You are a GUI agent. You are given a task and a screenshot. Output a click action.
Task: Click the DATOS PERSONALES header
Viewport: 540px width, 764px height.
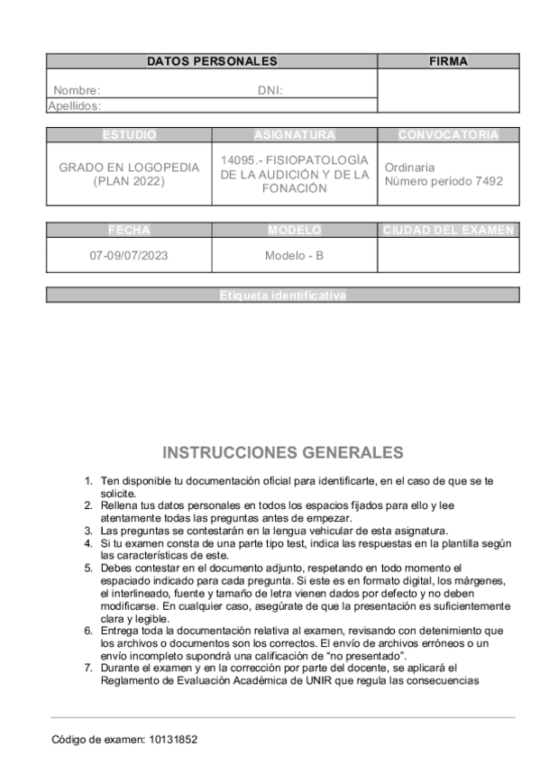click(212, 61)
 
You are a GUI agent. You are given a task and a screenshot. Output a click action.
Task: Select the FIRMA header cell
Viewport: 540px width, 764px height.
click(448, 61)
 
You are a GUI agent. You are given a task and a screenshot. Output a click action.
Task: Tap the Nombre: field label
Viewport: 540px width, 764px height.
click(77, 90)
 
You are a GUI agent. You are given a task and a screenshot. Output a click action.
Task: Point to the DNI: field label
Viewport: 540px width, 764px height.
click(270, 90)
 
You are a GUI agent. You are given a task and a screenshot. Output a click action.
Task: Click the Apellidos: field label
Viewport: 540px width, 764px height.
click(75, 105)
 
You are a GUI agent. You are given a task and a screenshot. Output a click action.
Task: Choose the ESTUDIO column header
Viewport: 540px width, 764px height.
click(129, 135)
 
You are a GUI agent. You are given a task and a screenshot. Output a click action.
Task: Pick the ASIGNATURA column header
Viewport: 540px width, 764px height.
click(295, 135)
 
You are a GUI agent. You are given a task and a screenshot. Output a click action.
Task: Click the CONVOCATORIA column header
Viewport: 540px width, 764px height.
click(448, 135)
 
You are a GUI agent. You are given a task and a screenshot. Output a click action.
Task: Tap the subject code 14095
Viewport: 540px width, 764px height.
click(238, 159)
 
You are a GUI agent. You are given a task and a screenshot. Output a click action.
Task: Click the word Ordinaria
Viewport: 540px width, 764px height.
click(409, 167)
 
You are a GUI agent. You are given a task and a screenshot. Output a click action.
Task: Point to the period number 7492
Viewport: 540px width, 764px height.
click(487, 181)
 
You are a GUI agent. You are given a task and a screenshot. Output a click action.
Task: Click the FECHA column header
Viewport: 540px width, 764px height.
click(129, 230)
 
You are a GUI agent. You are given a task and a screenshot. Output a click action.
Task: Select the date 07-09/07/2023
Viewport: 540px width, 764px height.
click(129, 255)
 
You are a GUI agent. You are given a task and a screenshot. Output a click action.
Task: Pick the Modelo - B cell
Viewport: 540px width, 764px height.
click(294, 255)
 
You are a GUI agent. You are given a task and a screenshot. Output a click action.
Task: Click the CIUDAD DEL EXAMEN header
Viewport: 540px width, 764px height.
click(448, 230)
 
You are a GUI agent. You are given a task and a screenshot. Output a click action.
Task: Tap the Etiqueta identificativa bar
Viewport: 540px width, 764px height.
click(282, 295)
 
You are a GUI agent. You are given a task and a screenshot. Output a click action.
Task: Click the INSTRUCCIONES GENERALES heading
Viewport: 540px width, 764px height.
click(282, 452)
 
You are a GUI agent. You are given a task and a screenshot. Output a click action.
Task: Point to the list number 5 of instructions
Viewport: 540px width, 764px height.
click(88, 568)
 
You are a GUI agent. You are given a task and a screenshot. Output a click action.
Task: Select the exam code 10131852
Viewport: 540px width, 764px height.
click(171, 739)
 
